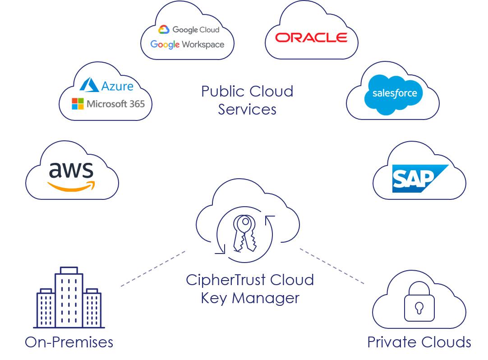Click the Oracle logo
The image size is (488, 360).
point(311,37)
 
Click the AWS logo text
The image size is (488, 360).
point(71,170)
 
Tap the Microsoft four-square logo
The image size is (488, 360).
point(78,104)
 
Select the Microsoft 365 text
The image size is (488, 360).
point(115,104)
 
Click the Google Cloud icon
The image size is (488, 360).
point(164,30)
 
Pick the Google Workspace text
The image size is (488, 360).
point(187,44)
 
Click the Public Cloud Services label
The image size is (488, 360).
point(247,100)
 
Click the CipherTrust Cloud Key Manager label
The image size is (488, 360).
point(250,289)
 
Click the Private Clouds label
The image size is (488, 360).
point(419,342)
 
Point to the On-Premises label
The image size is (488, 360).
point(69,342)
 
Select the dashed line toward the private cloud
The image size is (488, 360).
point(331,266)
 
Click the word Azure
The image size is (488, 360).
point(117,86)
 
